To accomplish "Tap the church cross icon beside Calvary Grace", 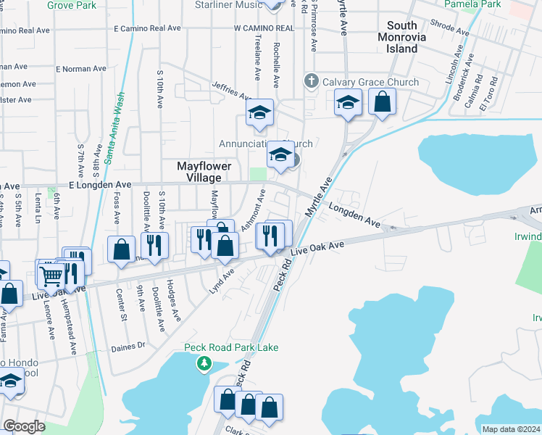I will coord(312,80).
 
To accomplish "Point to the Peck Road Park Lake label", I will coord(230,348).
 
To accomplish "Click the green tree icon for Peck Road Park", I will coord(206,362).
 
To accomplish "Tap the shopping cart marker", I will coord(51,275).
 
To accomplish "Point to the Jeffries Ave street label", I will coord(231,91).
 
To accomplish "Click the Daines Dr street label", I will coord(129,347).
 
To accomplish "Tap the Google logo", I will coord(23,426).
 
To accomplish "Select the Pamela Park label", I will coord(483,4).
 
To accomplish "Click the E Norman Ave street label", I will coord(80,69).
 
